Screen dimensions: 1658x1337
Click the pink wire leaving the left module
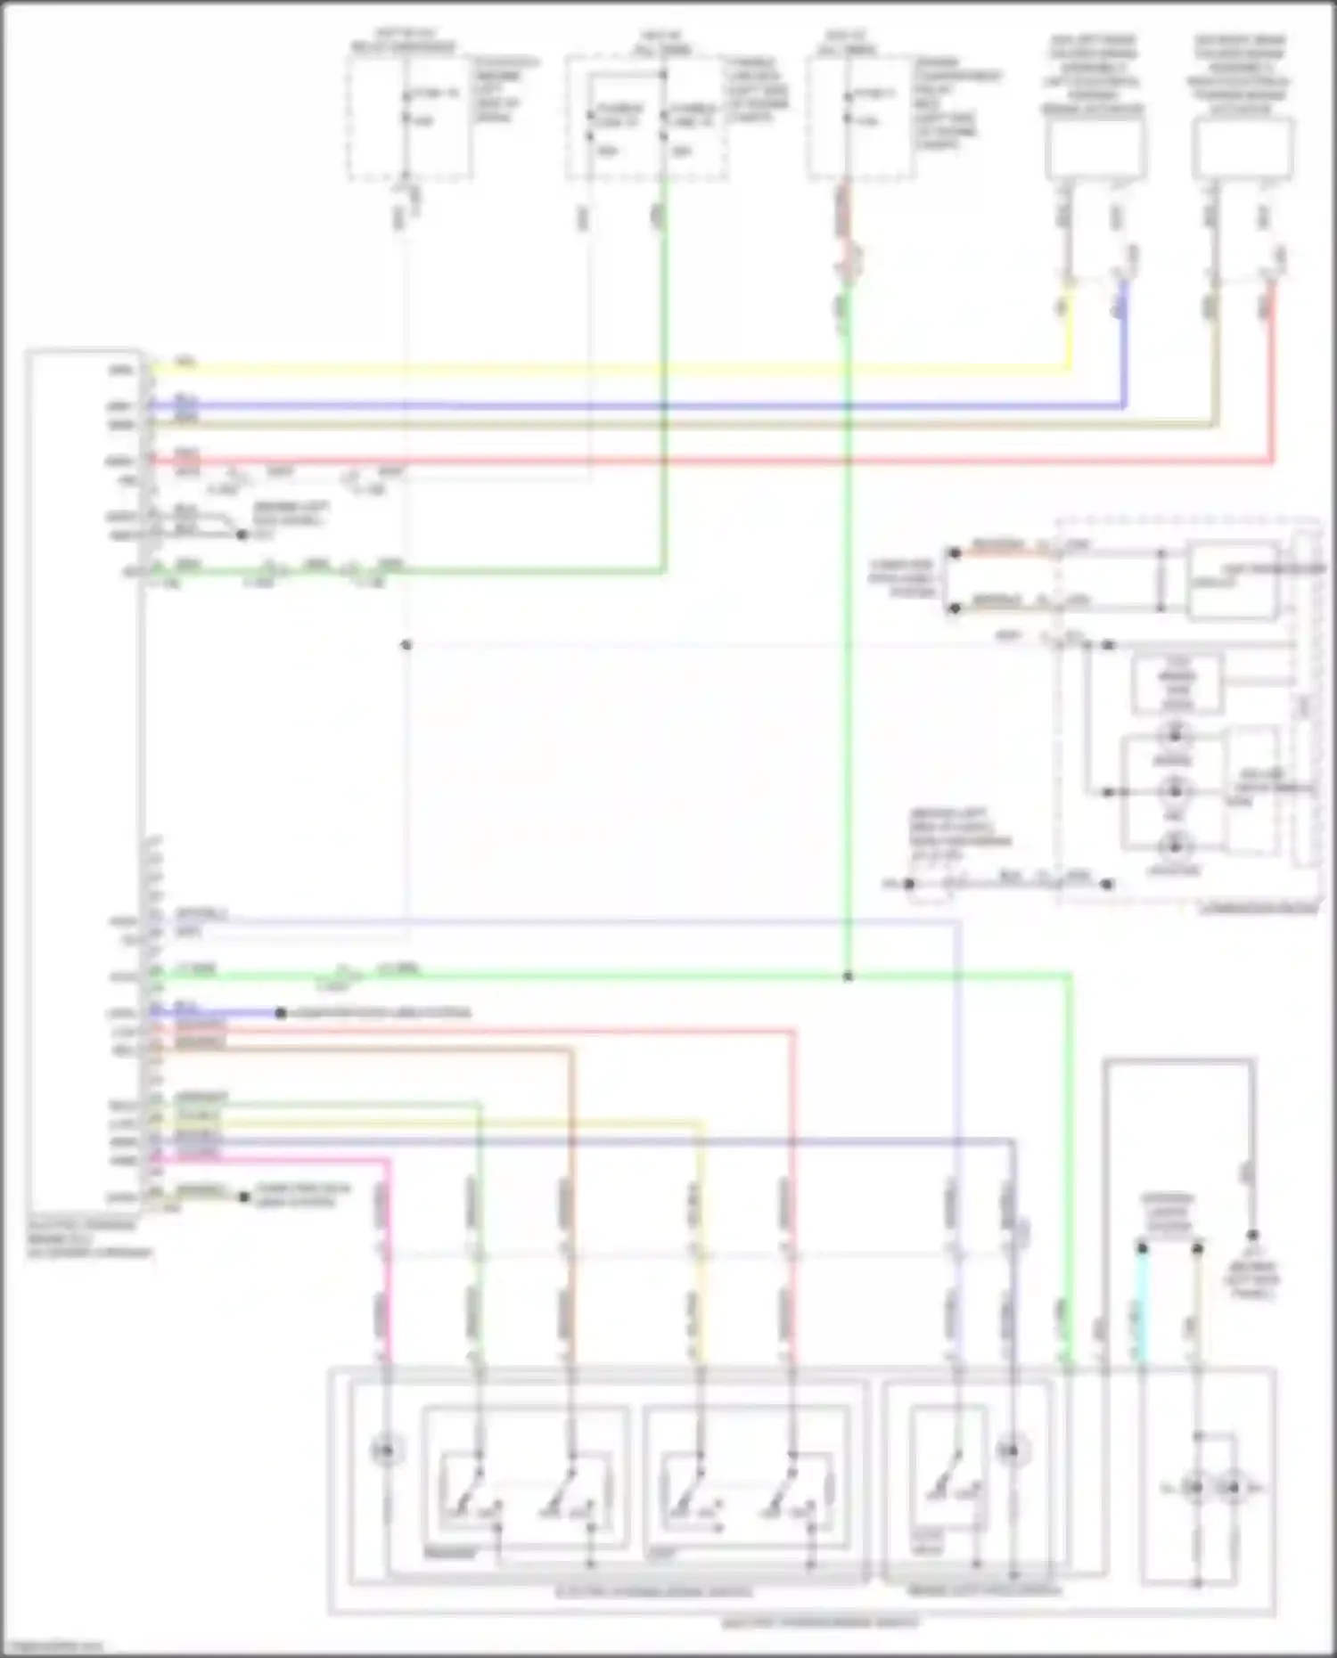click(267, 1160)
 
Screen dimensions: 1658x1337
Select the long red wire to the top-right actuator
click(713, 461)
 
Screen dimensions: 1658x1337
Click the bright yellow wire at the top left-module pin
click(535, 367)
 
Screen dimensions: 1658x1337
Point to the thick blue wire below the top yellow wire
click(624, 406)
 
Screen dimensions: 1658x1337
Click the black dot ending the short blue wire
click(280, 1013)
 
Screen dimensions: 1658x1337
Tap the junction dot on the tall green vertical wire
click(848, 976)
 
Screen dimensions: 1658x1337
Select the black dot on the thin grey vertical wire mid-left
click(406, 644)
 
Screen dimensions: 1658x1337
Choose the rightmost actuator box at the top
click(1243, 148)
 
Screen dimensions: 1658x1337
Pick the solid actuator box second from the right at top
click(1095, 148)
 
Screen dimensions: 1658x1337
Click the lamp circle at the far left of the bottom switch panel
click(385, 1450)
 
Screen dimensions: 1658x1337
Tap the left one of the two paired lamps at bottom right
click(1195, 1487)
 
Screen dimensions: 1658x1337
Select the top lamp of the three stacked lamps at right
click(1174, 735)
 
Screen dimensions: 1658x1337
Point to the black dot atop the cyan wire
click(1142, 1248)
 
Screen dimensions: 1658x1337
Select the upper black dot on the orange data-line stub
click(955, 552)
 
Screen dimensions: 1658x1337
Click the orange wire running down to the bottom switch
click(570, 1158)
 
